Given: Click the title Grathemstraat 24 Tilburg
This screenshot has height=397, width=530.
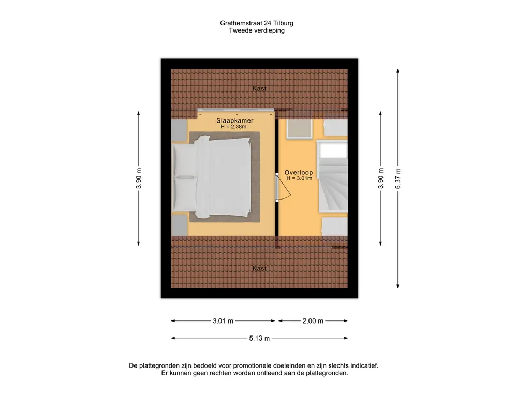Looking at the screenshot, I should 257,23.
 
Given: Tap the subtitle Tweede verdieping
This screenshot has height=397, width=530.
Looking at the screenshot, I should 257,30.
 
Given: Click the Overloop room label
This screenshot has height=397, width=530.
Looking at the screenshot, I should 299,172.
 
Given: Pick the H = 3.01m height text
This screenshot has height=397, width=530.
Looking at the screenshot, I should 299,178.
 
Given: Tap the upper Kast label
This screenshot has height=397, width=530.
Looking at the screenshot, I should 259,89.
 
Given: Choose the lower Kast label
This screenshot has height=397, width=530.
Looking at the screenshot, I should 259,269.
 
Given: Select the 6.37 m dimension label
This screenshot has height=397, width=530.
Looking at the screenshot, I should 397,179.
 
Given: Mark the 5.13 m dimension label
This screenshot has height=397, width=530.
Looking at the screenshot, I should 259,339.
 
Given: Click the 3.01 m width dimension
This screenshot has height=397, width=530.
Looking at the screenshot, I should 223,321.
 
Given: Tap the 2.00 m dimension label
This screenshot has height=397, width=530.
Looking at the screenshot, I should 313,321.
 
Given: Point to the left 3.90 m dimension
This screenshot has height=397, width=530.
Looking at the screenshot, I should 139,179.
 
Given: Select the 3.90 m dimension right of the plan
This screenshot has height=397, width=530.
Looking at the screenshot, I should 381,179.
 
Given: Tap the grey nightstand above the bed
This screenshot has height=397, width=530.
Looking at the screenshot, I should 179,131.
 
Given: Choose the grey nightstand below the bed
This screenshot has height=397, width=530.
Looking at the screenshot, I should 179,224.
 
